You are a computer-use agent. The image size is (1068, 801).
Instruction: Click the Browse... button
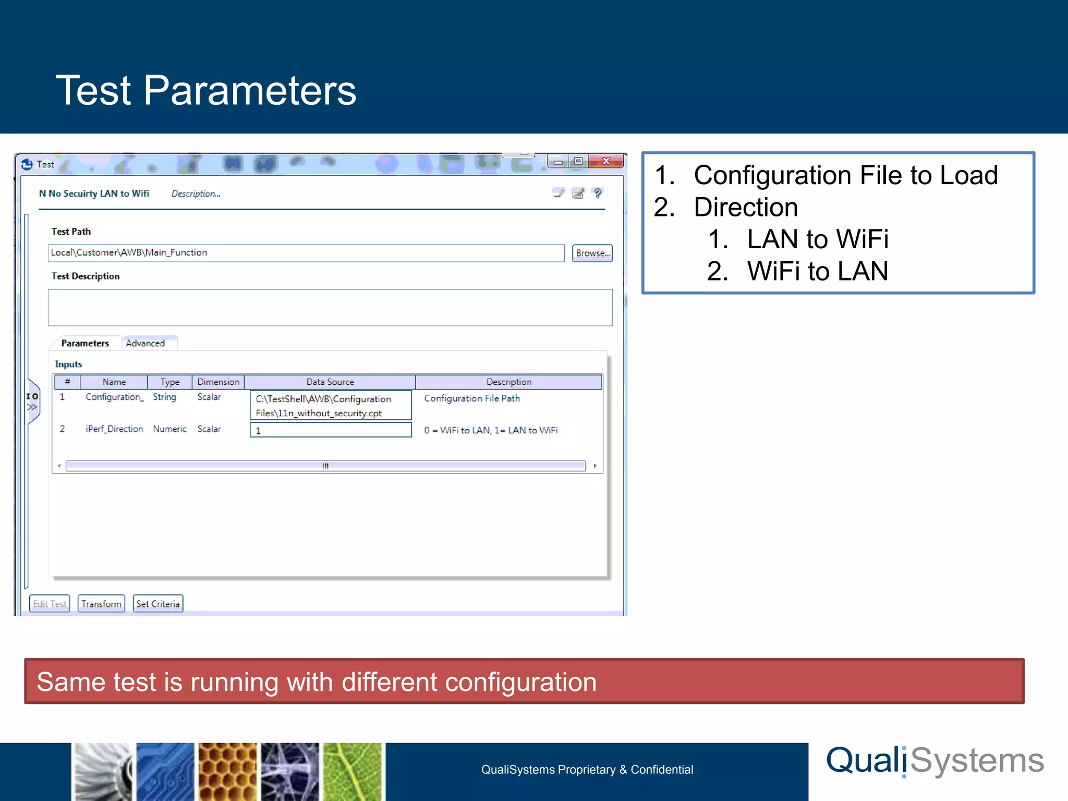pos(592,253)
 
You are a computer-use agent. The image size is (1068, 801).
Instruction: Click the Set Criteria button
pos(157,604)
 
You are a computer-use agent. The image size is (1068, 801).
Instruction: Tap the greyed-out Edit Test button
pos(50,604)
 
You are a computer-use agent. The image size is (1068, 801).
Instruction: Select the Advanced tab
pos(145,343)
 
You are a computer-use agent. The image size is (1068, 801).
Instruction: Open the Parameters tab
pos(85,343)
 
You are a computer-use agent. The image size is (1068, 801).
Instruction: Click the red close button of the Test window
pos(606,161)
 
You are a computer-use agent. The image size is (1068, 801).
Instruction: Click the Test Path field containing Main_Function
pos(306,253)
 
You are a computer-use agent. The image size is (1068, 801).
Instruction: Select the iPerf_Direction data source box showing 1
pos(331,430)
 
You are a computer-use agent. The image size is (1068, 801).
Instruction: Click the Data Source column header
pos(330,382)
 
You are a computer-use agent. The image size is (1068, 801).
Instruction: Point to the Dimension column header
pos(218,382)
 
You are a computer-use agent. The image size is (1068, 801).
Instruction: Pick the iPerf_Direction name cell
pos(114,429)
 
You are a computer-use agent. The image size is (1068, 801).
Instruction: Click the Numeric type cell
pos(169,429)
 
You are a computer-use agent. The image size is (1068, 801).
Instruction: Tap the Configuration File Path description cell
pos(472,398)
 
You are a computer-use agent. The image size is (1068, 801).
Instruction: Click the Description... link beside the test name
pos(196,193)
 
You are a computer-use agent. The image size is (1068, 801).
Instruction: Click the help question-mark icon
pos(598,193)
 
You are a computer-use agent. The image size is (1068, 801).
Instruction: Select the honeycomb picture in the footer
pos(227,771)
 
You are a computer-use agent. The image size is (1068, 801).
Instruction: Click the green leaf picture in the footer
pos(353,771)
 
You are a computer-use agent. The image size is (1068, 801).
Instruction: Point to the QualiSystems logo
pos(935,761)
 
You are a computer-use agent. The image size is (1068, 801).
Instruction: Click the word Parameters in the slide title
pos(250,91)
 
